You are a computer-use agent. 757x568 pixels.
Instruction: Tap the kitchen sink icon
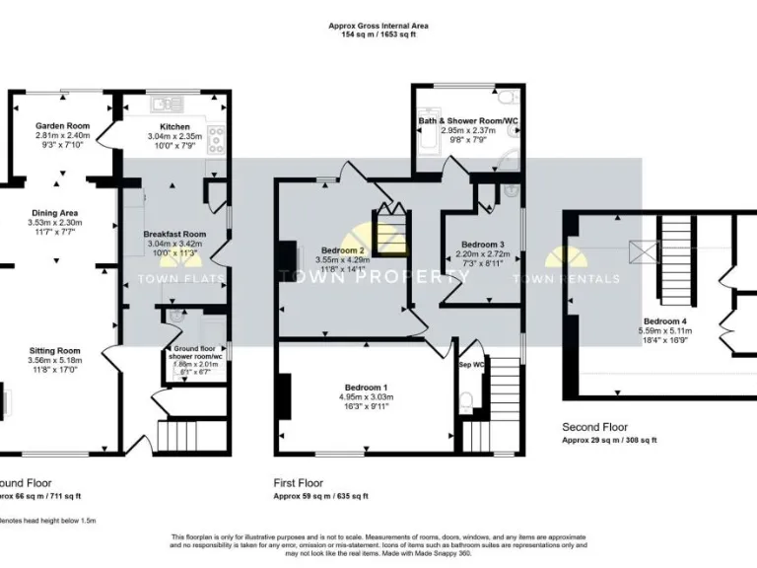click(x=162, y=103)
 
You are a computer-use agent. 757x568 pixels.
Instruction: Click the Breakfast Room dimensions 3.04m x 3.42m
click(x=173, y=243)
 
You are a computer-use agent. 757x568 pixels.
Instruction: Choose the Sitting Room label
click(x=55, y=350)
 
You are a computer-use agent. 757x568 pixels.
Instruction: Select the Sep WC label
click(x=472, y=365)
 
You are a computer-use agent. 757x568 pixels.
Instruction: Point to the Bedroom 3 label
click(x=480, y=245)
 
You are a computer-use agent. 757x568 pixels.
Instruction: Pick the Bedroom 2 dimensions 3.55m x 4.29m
click(x=341, y=260)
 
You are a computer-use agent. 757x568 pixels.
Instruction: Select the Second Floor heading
click(x=595, y=427)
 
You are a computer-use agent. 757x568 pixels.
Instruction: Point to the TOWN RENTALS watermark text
click(x=583, y=279)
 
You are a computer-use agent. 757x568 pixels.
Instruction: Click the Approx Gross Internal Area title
click(x=378, y=26)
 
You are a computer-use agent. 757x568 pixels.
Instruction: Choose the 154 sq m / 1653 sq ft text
click(x=378, y=35)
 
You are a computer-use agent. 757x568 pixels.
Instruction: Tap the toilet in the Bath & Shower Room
click(x=505, y=97)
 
